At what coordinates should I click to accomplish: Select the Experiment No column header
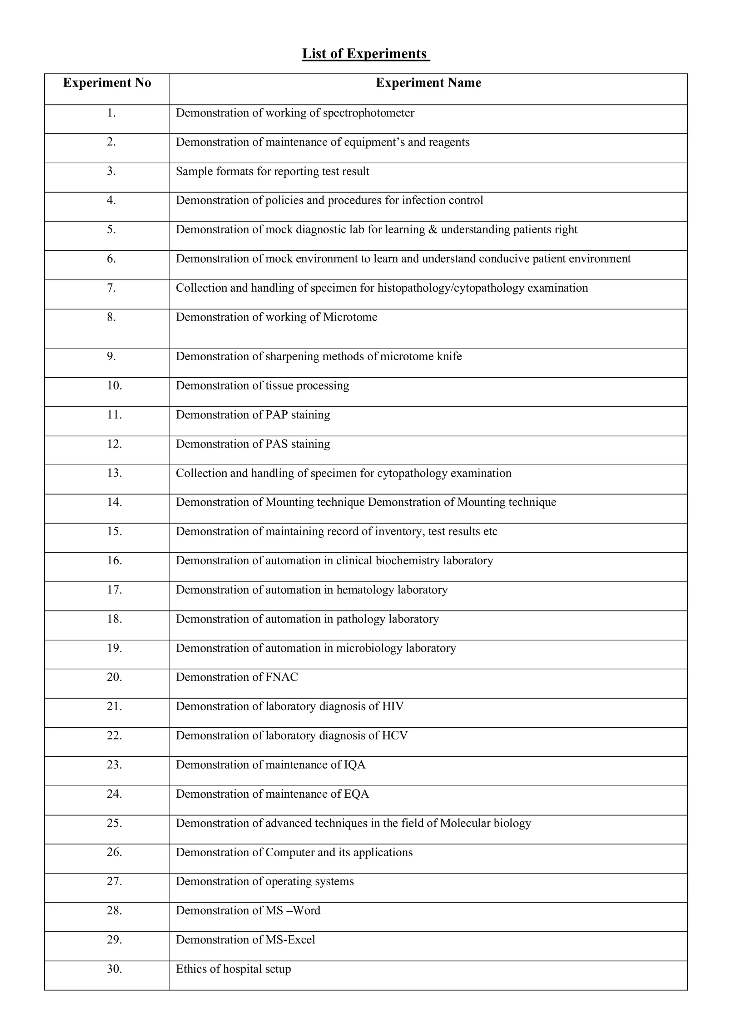pos(107,83)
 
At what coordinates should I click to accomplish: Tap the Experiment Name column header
pos(428,83)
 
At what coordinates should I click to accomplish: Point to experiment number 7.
pos(111,288)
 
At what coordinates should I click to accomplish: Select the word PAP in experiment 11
pos(276,415)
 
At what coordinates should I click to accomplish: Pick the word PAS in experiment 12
pos(276,444)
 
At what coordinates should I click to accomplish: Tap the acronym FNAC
pos(282,677)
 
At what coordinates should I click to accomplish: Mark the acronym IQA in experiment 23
pos(354,765)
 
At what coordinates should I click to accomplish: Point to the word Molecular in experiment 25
pos(465,823)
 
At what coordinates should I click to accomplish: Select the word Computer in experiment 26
pos(290,852)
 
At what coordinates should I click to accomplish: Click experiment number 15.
pos(114,531)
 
